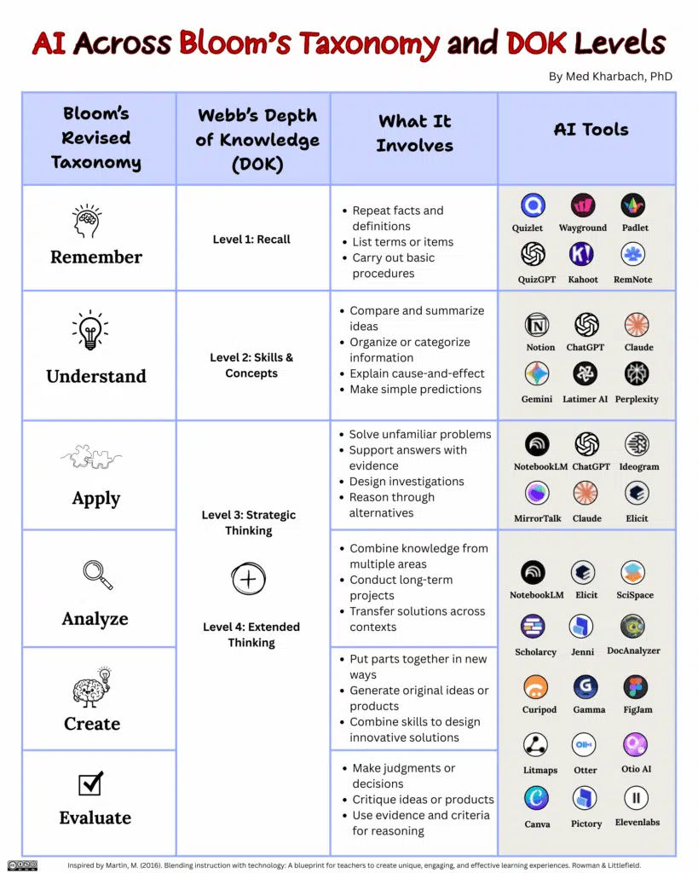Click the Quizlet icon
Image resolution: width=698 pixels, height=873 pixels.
tap(534, 205)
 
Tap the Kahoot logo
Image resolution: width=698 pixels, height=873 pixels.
tap(583, 254)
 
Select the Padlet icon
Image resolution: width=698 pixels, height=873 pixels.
tap(633, 205)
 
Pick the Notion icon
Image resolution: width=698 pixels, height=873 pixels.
tap(537, 325)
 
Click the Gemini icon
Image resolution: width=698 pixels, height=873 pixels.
tap(537, 373)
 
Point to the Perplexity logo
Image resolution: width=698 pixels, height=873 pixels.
tap(636, 373)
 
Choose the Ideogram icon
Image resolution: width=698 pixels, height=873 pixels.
tap(637, 444)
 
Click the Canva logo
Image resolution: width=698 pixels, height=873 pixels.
tap(536, 798)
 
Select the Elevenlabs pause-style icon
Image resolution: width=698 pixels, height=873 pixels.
tap(636, 798)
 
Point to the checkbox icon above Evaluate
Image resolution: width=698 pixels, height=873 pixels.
tap(91, 783)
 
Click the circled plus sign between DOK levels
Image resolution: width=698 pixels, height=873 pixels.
tap(249, 580)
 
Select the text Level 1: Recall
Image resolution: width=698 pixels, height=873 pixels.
tap(251, 240)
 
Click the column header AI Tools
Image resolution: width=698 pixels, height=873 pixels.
tap(591, 130)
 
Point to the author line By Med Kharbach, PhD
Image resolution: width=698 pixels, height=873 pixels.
tap(610, 77)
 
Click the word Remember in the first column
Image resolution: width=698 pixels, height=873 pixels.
tap(96, 257)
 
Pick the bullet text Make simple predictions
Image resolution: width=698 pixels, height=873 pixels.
tap(415, 389)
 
